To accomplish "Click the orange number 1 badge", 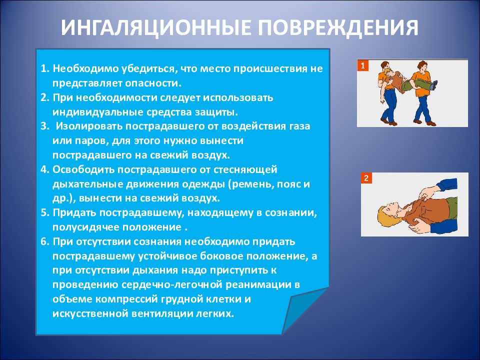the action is [x=363, y=65].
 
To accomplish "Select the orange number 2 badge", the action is [x=366, y=178].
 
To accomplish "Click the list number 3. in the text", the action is [x=44, y=126].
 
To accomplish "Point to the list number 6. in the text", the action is [x=45, y=241].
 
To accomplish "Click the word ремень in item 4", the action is [x=252, y=184].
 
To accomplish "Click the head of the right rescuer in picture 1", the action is [x=422, y=66].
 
